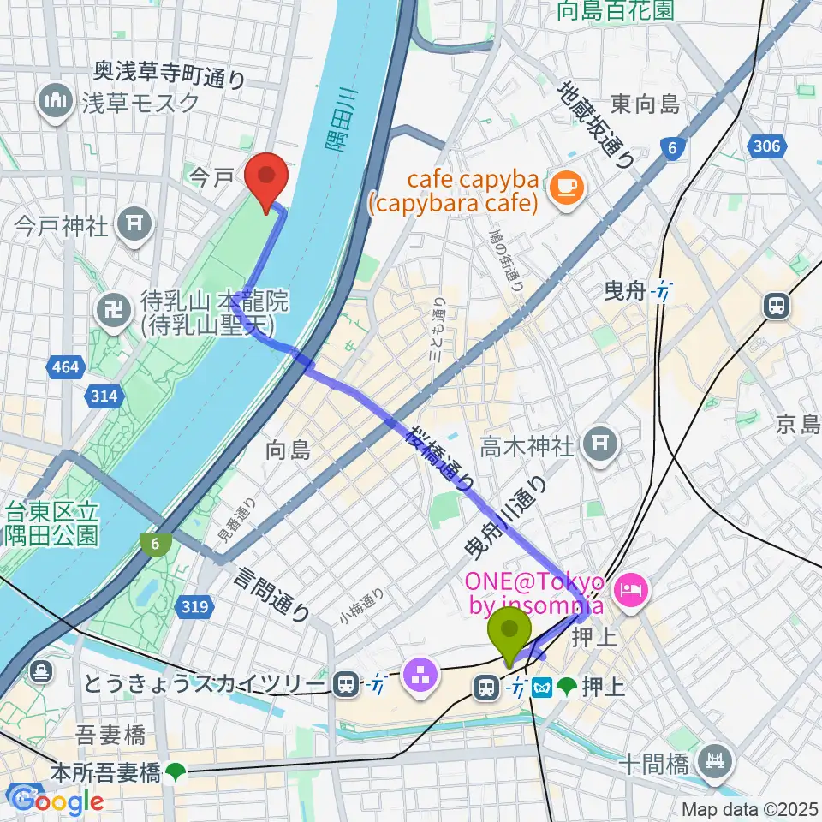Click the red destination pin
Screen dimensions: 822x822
tap(265, 178)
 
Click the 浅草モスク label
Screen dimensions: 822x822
tap(141, 103)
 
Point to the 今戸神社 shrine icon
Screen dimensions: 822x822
tap(136, 225)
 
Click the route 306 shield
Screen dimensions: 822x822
tap(767, 146)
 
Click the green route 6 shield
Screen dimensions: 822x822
tap(155, 543)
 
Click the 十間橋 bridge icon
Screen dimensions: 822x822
tap(713, 758)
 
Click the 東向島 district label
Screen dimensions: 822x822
tap(646, 104)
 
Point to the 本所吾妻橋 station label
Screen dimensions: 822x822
tap(106, 772)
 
